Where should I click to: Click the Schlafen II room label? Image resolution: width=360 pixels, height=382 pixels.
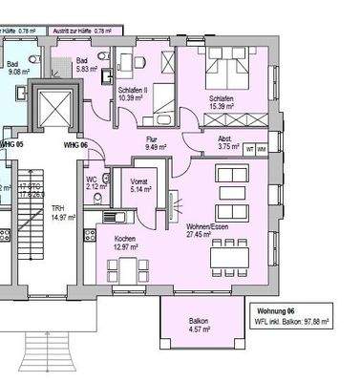132,93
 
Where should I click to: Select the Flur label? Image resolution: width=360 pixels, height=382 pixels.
151,139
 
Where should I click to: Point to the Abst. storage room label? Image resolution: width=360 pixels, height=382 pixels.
226,138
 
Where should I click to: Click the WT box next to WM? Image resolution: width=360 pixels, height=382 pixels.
249,150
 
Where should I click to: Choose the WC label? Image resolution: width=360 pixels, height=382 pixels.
90,179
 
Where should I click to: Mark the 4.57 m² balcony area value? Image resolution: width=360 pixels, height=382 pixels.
198,330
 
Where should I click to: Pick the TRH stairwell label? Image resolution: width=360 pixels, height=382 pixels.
57,208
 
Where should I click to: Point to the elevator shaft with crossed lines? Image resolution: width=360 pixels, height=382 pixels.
49,109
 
